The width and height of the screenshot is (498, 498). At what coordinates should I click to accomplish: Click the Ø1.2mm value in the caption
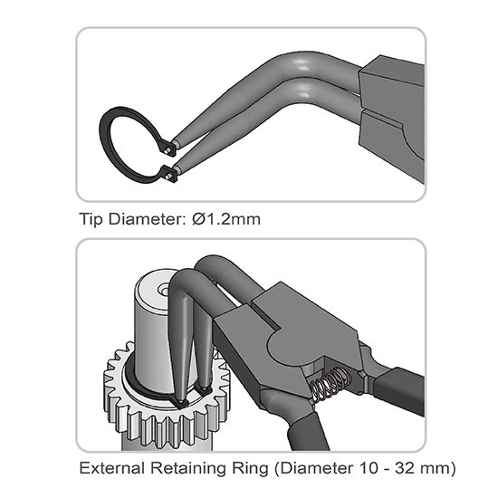225,219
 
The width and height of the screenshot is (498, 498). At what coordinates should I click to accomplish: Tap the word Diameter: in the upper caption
146,219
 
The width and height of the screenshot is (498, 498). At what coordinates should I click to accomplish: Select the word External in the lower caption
111,468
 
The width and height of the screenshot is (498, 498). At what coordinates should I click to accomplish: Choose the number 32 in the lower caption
405,468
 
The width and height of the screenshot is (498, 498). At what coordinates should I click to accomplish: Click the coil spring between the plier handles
330,386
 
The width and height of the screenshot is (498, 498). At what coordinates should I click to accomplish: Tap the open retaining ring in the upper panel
105,145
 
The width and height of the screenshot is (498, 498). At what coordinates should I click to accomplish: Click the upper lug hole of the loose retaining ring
168,149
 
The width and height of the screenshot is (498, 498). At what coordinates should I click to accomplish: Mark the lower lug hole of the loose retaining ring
168,175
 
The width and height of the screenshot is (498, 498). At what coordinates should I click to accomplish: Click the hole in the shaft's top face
165,290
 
